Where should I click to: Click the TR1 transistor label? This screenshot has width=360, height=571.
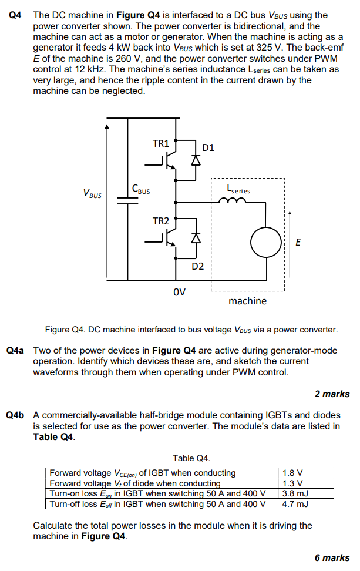point(160,143)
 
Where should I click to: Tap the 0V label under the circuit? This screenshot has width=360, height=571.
point(179,292)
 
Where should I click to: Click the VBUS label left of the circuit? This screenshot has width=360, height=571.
point(92,192)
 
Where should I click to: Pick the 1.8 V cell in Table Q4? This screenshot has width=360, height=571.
point(292,473)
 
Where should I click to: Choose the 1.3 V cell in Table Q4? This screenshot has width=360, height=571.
point(292,483)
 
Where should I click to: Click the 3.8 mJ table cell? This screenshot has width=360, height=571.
point(294,493)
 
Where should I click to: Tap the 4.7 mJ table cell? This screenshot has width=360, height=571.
point(294,504)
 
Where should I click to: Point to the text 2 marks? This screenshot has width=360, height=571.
point(332,394)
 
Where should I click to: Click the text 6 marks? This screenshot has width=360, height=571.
point(332,557)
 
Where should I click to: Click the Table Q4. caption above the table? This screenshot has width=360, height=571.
point(191,458)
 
